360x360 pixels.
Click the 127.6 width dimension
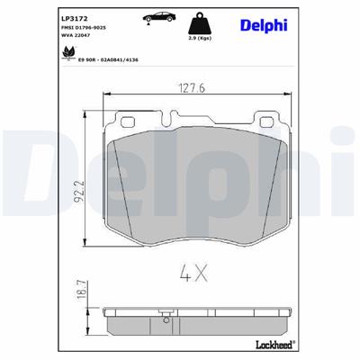click(x=187, y=88)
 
